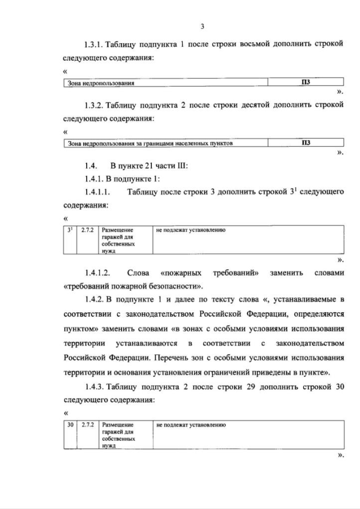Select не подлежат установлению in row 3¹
(191, 231)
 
